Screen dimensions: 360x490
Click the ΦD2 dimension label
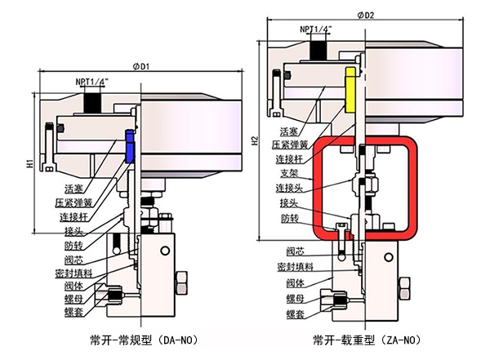click(x=365, y=14)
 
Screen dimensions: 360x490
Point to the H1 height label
click(x=29, y=164)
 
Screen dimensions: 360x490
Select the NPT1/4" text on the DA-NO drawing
click(x=96, y=82)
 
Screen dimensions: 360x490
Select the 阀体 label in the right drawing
click(x=289, y=282)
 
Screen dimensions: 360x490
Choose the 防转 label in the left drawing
click(x=73, y=244)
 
